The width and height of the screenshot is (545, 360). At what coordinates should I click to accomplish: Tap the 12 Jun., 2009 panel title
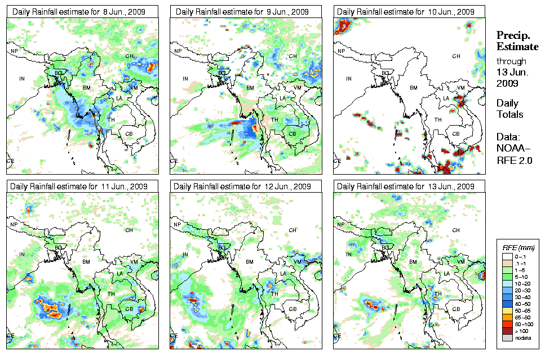tap(242, 186)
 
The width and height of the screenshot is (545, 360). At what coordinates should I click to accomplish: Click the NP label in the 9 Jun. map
tap(178, 51)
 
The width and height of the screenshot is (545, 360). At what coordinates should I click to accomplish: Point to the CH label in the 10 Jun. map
tap(457, 56)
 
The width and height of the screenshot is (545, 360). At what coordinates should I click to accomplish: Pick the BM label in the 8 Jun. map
tap(87, 88)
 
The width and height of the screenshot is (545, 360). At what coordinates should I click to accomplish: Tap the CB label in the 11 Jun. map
tap(129, 308)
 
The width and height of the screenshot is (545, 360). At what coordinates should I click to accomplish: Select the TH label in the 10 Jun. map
tap(438, 119)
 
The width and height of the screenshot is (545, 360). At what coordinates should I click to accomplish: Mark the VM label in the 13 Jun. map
tap(461, 262)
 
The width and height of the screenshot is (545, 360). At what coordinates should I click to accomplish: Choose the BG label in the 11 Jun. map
tap(58, 247)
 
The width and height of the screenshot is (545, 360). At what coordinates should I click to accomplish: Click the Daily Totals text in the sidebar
tap(509, 109)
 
